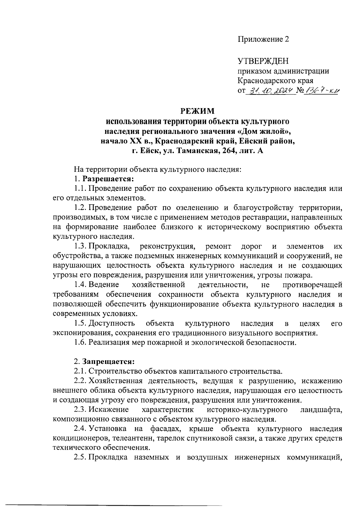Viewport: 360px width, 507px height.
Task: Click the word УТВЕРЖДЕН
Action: click(263, 61)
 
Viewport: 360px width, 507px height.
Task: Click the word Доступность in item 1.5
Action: click(112, 323)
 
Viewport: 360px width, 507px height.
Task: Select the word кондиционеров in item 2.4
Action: click(78, 439)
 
